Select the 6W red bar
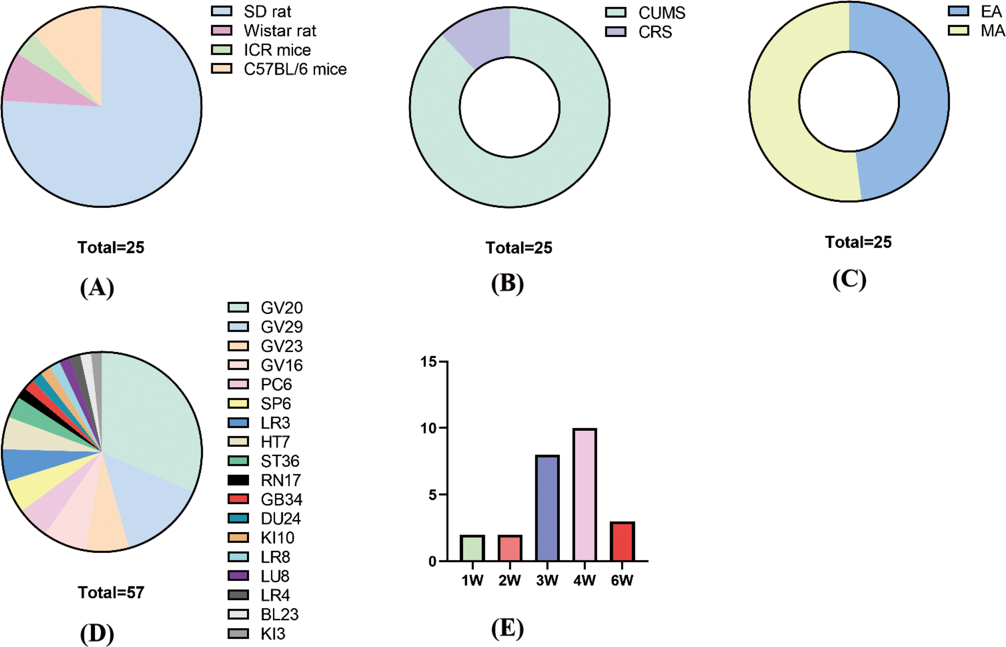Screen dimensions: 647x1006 click(622, 542)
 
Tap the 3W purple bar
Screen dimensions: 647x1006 click(547, 509)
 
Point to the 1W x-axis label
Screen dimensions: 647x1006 click(472, 581)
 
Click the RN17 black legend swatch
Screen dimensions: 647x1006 click(238, 480)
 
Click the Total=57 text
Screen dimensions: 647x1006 click(111, 592)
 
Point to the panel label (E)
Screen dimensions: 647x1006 click(507, 629)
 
